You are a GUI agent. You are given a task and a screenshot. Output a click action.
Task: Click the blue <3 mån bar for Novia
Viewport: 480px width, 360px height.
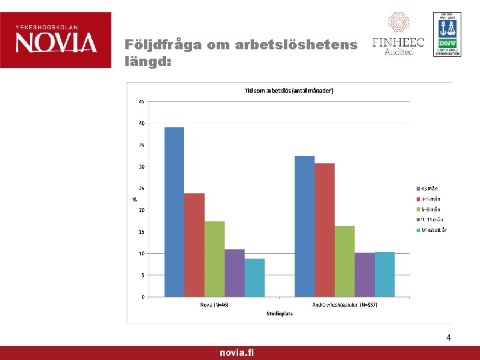pos(174,212)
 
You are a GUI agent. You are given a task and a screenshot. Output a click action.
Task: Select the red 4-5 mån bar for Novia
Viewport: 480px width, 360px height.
pos(194,245)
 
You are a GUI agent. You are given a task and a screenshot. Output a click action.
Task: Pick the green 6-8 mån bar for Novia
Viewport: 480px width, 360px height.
pos(214,259)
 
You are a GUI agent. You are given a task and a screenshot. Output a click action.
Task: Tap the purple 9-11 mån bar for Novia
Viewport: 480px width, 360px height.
pos(234,273)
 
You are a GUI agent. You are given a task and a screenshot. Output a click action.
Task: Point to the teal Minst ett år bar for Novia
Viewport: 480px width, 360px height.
pos(254,277)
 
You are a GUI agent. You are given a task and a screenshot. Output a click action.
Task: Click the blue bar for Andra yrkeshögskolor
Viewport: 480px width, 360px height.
pos(305,226)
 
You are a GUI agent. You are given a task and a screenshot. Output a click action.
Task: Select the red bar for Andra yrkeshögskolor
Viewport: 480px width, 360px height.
pos(325,230)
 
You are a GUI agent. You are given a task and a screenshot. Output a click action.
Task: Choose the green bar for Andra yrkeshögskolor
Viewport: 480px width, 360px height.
pos(345,261)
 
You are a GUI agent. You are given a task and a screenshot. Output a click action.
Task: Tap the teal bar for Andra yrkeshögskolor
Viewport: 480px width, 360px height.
pos(385,274)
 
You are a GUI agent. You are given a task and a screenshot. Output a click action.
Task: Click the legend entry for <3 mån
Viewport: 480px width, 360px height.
pos(429,188)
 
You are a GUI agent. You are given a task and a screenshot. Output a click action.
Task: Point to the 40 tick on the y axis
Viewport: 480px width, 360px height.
pos(142,123)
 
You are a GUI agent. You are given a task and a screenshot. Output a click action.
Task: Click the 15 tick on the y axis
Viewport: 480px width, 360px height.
pos(142,232)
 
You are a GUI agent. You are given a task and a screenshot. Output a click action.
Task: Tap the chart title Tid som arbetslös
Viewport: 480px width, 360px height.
pos(289,90)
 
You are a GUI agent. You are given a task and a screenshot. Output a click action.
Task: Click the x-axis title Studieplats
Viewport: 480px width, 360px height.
pos(279,313)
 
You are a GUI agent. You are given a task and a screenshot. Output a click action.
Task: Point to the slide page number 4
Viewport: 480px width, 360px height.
pos(449,338)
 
